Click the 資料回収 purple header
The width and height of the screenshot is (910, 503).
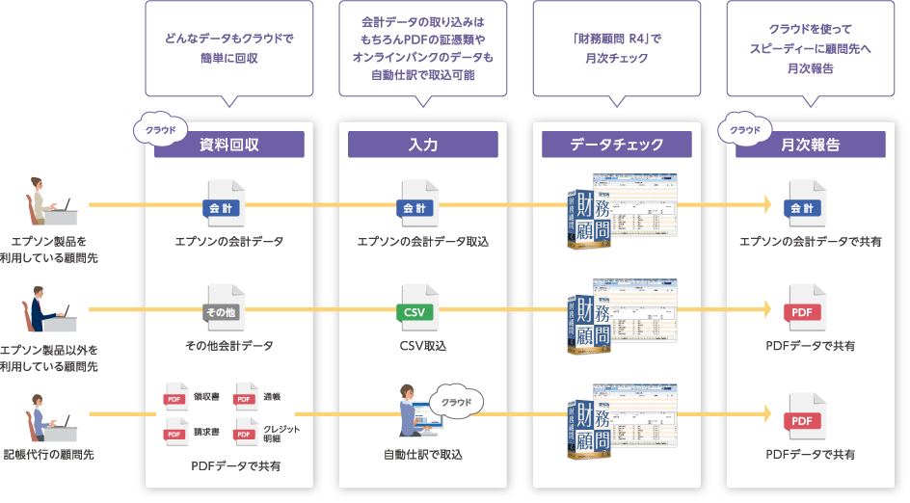tap(228, 145)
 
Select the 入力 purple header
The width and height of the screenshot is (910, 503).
tap(422, 145)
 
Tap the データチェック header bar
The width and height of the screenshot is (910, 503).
tap(616, 145)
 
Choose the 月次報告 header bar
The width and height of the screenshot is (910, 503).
tap(810, 145)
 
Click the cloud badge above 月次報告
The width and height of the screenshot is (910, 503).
tap(744, 129)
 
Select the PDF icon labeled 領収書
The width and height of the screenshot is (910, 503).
tap(175, 396)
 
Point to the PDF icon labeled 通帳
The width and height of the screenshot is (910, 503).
tap(245, 396)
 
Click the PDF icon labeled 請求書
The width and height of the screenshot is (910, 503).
tap(175, 432)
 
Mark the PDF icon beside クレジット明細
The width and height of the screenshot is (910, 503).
tap(245, 432)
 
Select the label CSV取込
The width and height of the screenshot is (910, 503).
tap(422, 345)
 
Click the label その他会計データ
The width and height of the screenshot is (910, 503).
tap(228, 345)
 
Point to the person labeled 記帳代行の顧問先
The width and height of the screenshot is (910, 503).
tap(41, 414)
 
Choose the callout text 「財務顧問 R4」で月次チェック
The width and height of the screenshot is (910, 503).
tap(616, 48)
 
